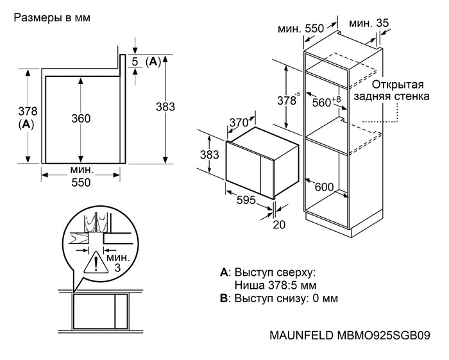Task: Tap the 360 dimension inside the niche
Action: click(81, 118)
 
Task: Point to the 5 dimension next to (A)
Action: click(135, 61)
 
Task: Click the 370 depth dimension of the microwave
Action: click(239, 123)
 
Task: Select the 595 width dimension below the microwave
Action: click(246, 200)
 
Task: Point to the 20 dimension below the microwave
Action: click(278, 225)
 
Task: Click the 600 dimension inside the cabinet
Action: click(325, 187)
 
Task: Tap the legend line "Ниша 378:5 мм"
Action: click(276, 285)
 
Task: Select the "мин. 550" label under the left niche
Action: click(81, 176)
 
